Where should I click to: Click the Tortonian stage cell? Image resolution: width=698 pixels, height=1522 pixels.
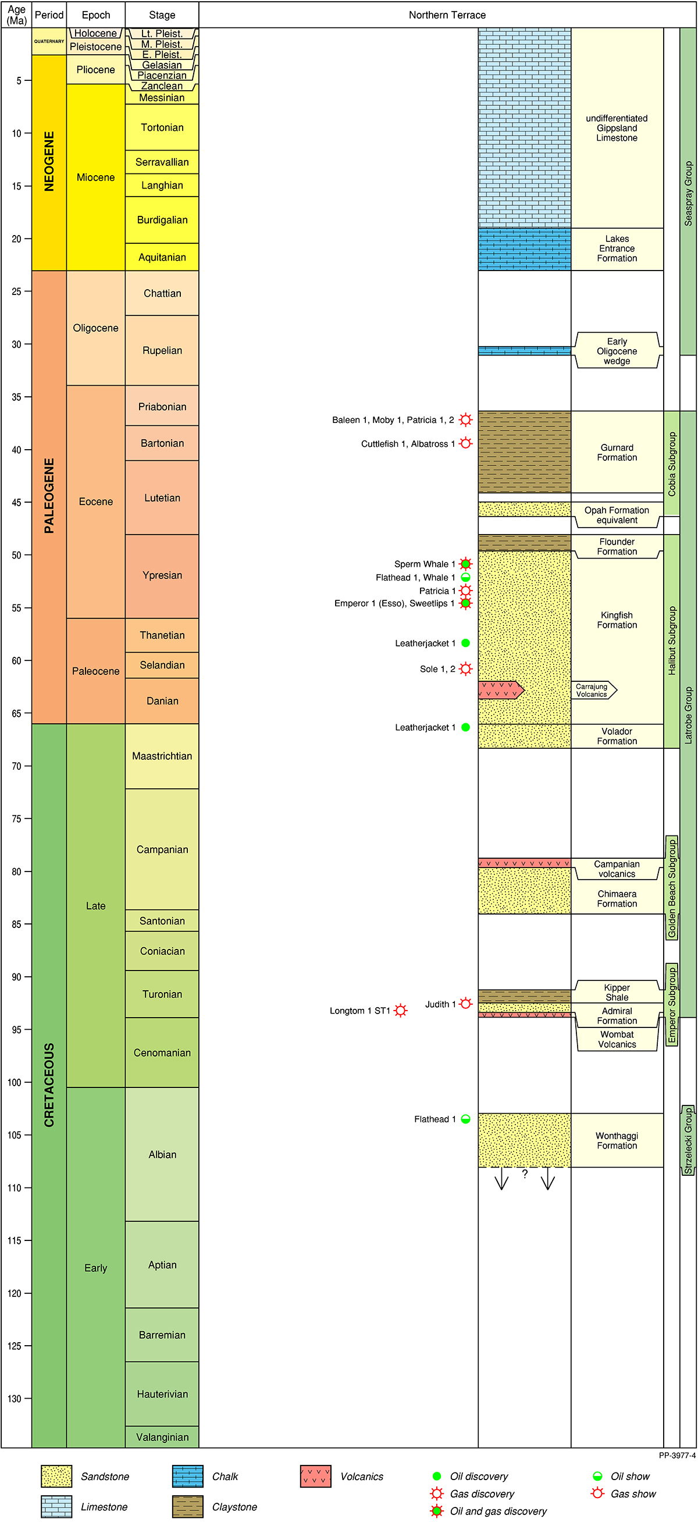(162, 127)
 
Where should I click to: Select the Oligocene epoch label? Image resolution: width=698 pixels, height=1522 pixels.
(95, 328)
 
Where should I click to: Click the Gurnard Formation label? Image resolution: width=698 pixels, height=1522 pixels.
(617, 453)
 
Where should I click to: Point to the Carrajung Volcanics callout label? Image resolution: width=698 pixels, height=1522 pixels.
(592, 690)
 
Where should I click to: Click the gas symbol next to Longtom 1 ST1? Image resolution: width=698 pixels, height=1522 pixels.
(400, 1011)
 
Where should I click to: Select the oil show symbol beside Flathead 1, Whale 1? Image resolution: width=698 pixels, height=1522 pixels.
(465, 577)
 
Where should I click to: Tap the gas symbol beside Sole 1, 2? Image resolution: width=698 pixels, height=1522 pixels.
(465, 669)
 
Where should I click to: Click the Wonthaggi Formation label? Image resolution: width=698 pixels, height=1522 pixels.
(617, 1140)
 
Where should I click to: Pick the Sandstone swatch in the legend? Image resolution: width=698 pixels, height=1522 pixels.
(56, 1476)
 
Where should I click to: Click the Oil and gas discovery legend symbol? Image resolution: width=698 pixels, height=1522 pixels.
(437, 1511)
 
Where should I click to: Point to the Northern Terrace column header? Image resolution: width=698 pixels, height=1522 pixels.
(447, 15)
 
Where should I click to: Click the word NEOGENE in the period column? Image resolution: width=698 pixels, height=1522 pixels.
(49, 161)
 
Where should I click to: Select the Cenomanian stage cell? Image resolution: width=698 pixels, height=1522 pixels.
(162, 1052)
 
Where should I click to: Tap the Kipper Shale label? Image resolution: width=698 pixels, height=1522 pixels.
(617, 992)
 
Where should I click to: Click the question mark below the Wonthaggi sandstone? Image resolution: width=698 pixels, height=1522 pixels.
(525, 1174)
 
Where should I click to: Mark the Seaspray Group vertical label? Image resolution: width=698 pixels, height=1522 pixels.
(688, 193)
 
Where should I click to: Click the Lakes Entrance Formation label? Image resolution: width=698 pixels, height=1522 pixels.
(617, 249)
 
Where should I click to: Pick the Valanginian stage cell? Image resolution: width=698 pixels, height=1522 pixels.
(162, 1437)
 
